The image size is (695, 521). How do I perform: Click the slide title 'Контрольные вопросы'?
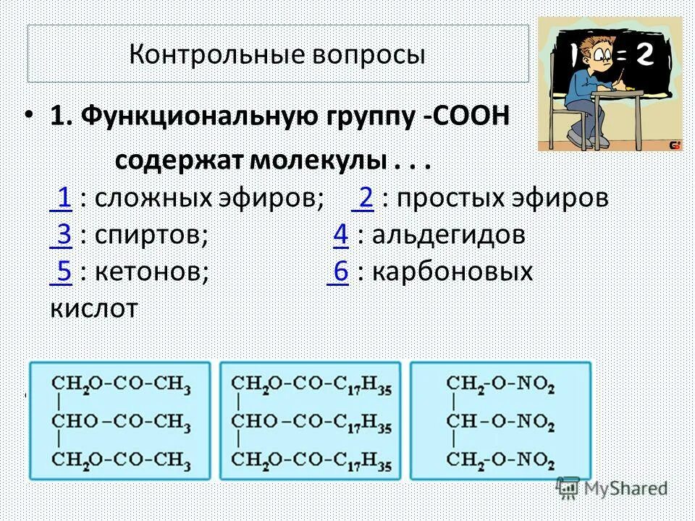click(277, 55)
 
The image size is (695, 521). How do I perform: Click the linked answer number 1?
click(63, 198)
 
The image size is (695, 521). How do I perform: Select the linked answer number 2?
click(365, 198)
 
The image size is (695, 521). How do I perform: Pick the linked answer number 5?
click(63, 272)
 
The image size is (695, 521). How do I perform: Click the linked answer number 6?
click(341, 272)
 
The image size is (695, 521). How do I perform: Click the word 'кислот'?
click(93, 309)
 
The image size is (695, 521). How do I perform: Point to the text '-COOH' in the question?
click(467, 116)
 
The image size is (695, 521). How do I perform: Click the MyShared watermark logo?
click(612, 488)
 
